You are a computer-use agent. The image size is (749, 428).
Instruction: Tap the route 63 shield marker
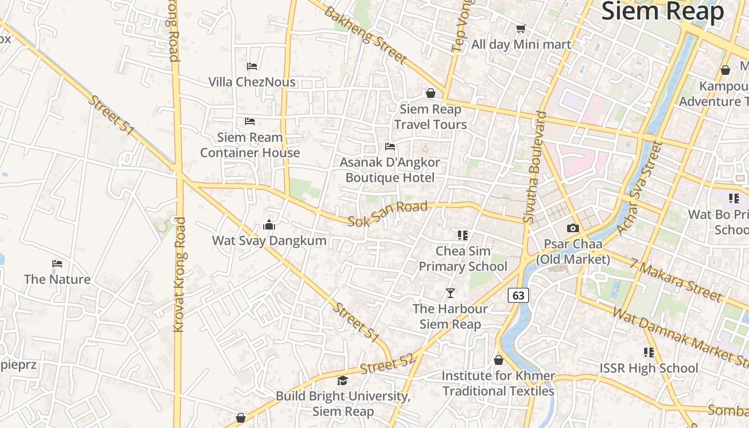click(518, 295)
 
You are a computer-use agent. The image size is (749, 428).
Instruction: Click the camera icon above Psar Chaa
click(573, 228)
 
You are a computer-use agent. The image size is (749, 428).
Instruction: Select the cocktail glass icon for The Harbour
click(450, 293)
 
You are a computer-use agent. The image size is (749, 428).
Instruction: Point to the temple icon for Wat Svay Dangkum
click(269, 225)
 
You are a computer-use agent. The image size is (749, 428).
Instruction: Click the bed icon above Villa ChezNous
click(252, 66)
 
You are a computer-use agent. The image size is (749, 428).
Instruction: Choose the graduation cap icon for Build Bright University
click(342, 380)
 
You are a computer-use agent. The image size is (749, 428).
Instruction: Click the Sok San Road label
click(388, 213)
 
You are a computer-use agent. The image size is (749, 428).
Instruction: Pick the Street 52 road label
click(387, 364)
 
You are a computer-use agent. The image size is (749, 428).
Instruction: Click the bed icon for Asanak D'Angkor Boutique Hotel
click(390, 147)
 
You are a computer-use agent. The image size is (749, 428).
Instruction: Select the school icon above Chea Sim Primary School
click(463, 235)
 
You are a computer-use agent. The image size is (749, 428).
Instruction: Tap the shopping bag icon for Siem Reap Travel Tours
click(431, 94)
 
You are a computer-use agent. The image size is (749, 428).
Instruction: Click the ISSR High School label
click(648, 368)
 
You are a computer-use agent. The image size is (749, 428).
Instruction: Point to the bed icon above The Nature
click(57, 264)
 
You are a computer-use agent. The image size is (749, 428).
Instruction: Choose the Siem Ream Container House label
click(250, 145)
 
